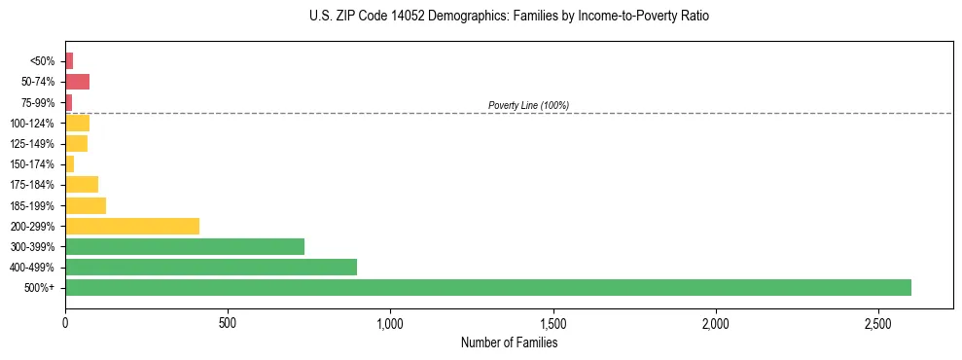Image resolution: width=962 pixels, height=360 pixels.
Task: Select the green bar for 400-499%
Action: pos(211,268)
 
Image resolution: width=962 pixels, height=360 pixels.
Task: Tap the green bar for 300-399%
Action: pos(185,247)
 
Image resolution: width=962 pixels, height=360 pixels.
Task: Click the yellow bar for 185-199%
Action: pos(86,205)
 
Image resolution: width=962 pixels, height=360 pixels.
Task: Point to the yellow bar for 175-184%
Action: pos(82,185)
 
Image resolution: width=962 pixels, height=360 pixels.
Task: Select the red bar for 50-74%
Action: pos(78,82)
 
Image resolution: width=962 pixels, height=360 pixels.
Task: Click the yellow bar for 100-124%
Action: pos(78,124)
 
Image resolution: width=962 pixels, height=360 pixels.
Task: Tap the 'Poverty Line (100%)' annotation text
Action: pos(528,105)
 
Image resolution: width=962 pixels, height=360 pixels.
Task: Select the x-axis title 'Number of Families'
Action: pos(509,342)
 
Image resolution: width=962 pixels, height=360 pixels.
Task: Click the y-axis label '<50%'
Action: pos(43,61)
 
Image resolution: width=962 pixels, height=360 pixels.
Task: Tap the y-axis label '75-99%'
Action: pos(39,103)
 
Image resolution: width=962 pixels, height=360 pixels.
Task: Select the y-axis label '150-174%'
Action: pos(33,164)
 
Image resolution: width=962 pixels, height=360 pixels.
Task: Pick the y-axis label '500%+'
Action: pos(40,288)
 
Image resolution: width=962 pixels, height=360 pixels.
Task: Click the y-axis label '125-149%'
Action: pos(33,144)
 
